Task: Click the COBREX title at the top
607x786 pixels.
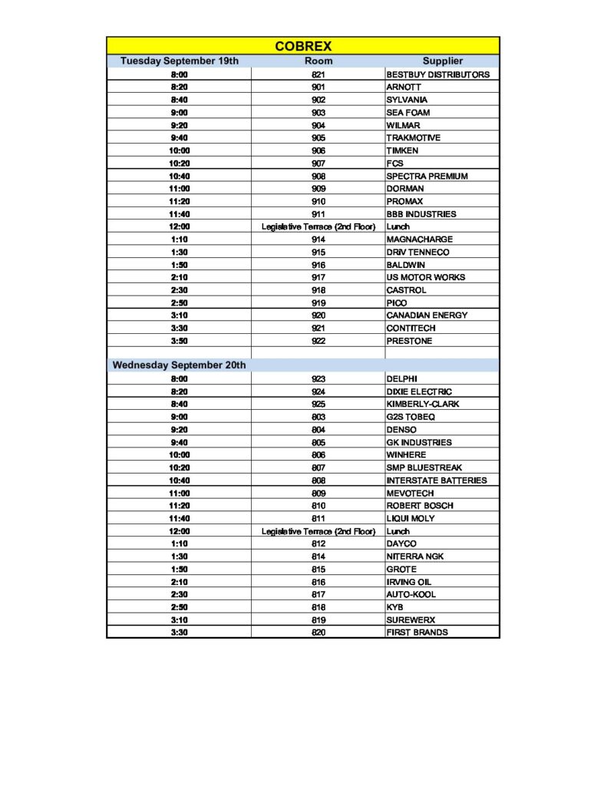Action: tap(303, 46)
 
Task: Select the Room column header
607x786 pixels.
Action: tap(318, 61)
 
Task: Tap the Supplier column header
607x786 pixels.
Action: tap(443, 61)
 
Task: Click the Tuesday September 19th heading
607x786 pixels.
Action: tap(180, 61)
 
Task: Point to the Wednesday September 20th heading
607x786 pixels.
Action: tap(180, 365)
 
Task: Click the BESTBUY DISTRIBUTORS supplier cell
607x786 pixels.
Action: tap(437, 74)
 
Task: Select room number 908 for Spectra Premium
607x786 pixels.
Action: tap(318, 176)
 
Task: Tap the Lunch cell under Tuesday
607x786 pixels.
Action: tap(398, 226)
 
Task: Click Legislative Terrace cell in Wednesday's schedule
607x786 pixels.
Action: tap(318, 531)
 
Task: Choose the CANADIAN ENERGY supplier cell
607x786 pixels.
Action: tap(427, 315)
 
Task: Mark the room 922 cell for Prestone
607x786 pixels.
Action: tap(318, 341)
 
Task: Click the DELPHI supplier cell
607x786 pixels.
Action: tap(401, 378)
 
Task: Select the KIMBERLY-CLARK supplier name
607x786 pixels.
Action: tap(423, 404)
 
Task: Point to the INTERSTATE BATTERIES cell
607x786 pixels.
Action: tap(436, 481)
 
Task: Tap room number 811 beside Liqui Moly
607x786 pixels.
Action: tap(318, 518)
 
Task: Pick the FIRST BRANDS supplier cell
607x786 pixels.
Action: tap(417, 632)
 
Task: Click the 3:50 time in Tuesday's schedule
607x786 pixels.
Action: tap(180, 341)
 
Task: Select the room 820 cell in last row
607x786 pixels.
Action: tap(318, 632)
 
